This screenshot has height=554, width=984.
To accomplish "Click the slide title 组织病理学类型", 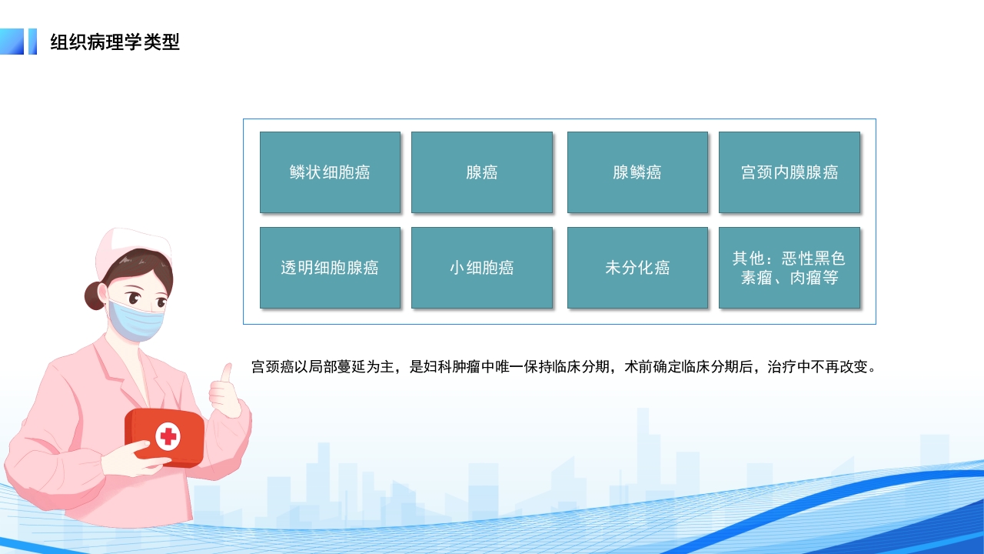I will (115, 42).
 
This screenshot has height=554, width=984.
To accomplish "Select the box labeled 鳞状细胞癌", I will (330, 172).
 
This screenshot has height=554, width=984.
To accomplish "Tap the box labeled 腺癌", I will (481, 172).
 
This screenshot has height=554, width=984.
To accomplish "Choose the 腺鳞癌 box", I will (637, 172).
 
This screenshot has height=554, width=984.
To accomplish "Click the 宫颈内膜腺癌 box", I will (789, 172).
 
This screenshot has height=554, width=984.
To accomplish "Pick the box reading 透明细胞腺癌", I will (330, 268).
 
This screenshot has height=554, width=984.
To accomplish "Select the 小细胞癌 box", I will (481, 268).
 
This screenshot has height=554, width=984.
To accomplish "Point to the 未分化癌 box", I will (637, 268).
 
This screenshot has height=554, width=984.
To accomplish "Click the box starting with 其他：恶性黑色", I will (789, 268).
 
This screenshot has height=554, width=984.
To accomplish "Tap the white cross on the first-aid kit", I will (168, 437).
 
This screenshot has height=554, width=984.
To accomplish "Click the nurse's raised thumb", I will (226, 374).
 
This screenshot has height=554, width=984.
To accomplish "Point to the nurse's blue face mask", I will (136, 320).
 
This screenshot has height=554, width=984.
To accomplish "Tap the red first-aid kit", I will (165, 436).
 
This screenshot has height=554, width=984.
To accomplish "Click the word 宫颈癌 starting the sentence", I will (268, 367).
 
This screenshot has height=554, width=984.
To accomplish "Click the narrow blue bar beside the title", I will (32, 42).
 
